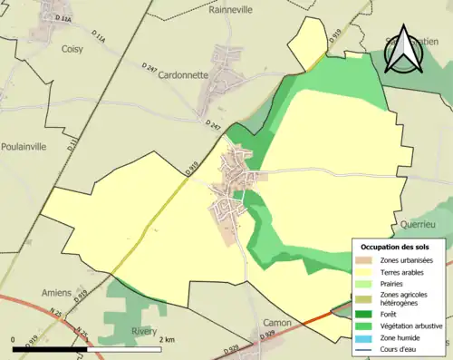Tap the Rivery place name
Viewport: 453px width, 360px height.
(144, 331)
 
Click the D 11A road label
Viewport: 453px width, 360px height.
(63, 18)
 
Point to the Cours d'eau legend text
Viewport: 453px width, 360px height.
(400, 350)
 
